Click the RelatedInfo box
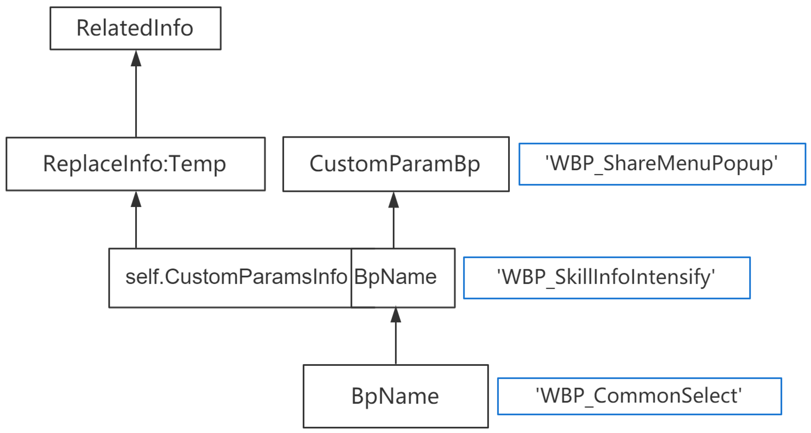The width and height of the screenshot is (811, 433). click(135, 28)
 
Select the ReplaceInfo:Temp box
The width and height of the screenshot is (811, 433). click(135, 164)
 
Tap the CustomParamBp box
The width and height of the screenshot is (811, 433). click(396, 164)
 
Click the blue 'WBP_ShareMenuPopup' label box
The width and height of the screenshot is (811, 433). click(662, 164)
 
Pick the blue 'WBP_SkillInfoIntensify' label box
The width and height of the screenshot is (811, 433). click(607, 278)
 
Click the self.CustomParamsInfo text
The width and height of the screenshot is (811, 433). click(236, 277)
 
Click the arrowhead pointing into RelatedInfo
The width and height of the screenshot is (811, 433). click(136, 59)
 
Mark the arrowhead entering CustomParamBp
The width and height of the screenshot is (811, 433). click(393, 200)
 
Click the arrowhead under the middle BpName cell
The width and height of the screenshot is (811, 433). click(396, 315)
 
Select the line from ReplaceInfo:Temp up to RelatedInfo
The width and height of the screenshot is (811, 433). click(136, 101)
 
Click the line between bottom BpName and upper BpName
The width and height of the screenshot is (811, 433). click(396, 343)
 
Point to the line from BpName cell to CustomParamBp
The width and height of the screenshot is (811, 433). click(393, 228)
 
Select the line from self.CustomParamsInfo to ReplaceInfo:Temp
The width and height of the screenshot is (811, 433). click(136, 228)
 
